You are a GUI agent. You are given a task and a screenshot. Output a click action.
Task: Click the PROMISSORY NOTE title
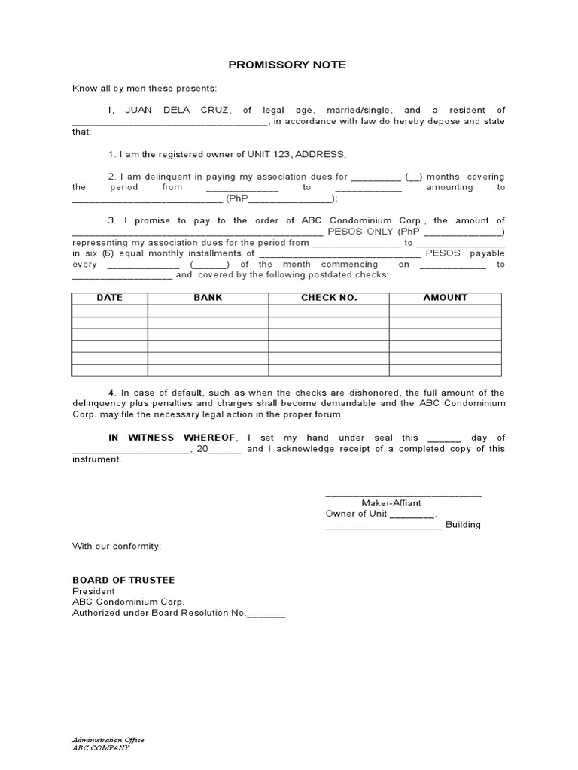[x=288, y=65]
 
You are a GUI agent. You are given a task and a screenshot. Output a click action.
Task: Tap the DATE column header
[x=109, y=298]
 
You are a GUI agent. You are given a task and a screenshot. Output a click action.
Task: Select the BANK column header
[x=208, y=298]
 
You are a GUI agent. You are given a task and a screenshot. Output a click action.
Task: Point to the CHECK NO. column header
[x=329, y=298]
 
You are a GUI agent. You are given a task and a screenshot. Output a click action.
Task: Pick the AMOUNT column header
[x=445, y=298]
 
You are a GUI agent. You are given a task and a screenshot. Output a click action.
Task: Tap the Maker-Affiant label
[x=391, y=503]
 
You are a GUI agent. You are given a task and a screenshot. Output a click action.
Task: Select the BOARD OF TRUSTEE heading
[x=123, y=580]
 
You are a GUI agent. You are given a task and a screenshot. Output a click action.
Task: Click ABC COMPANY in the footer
[x=100, y=748]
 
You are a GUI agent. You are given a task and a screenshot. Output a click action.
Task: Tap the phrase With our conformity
[x=116, y=546]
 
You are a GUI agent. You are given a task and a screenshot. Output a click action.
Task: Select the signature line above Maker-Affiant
[x=403, y=495]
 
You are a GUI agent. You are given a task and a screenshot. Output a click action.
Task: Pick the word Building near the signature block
[x=463, y=525]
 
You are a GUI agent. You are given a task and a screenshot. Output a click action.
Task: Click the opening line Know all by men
[x=144, y=88]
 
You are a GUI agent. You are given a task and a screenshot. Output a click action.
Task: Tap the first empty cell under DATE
[x=109, y=311]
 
